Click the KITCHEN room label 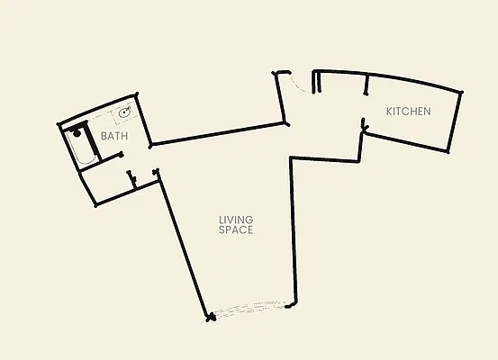[x=409, y=112]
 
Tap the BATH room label [x=114, y=136]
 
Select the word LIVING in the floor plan [x=236, y=220]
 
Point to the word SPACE [x=236, y=229]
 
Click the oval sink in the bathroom [x=125, y=112]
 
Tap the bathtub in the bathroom [x=82, y=146]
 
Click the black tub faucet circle [x=77, y=133]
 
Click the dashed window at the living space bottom [x=249, y=310]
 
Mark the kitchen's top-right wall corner [x=461, y=92]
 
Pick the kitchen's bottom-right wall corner [x=448, y=152]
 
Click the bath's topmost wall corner [x=137, y=94]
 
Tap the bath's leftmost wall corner [x=59, y=124]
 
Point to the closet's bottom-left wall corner [x=96, y=205]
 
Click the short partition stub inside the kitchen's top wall [x=367, y=84]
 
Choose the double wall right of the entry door [x=316, y=82]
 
